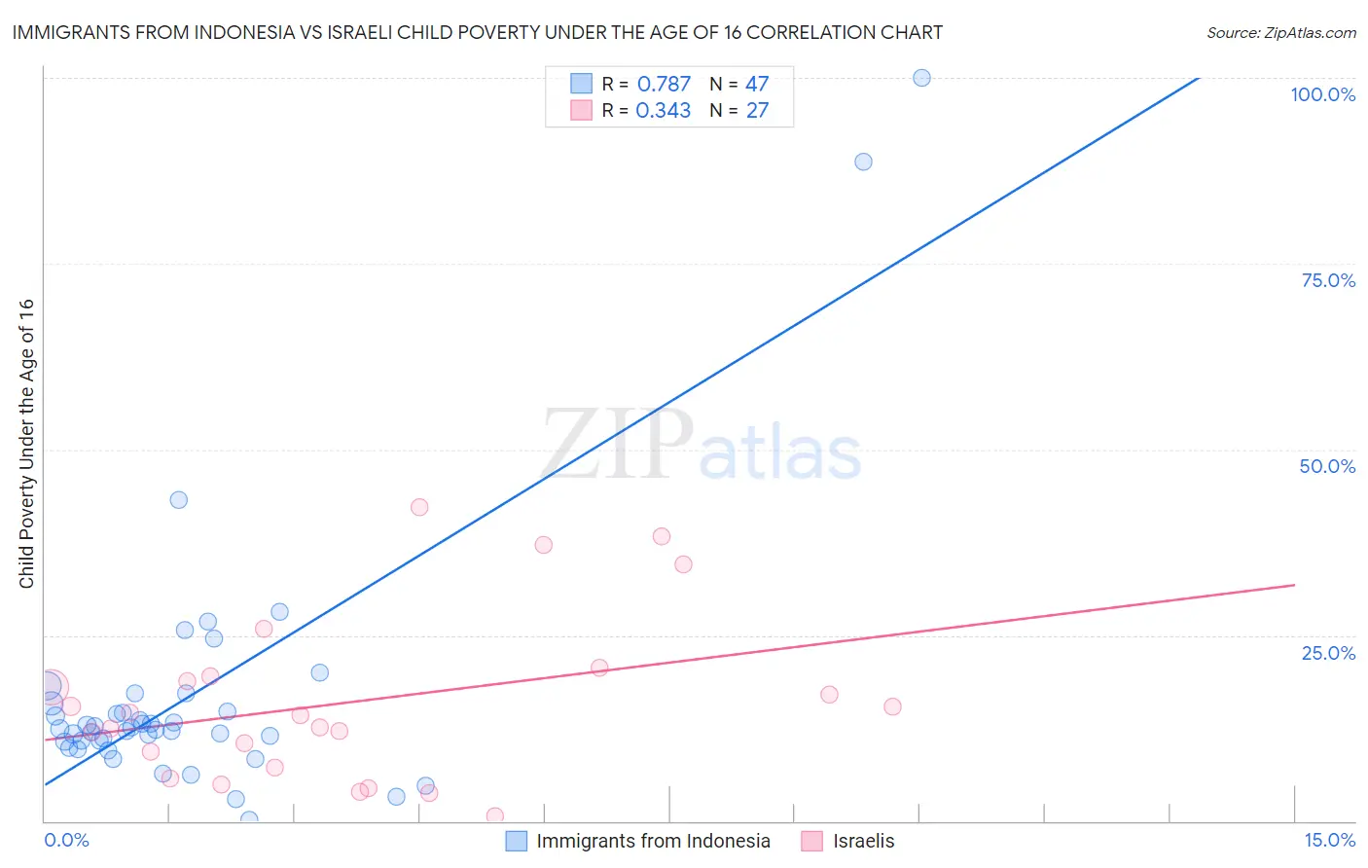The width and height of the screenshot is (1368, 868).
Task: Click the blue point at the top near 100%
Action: [921, 78]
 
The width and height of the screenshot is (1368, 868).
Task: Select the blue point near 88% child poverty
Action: [863, 162]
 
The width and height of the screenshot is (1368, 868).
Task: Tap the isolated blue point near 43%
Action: [179, 500]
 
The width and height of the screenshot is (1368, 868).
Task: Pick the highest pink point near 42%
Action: [419, 507]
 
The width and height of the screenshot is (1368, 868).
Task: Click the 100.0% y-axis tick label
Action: [1322, 94]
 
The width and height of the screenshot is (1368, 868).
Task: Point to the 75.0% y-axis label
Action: [1328, 280]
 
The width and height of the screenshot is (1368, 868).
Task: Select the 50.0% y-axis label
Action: [1327, 466]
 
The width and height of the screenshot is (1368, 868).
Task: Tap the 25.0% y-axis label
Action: [1328, 653]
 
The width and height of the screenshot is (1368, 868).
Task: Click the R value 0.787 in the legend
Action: [664, 85]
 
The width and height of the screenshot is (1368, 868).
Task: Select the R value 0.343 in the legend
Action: [663, 111]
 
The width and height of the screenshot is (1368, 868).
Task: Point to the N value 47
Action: [757, 85]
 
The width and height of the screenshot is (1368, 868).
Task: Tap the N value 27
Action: [757, 111]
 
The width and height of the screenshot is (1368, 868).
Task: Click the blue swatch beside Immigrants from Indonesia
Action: [517, 841]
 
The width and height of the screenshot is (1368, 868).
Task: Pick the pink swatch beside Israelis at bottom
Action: [812, 841]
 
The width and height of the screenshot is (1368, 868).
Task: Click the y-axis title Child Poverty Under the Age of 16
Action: [27, 443]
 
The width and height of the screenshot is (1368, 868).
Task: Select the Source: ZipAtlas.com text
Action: [1280, 33]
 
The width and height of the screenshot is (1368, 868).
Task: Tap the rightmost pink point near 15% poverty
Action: [892, 706]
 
